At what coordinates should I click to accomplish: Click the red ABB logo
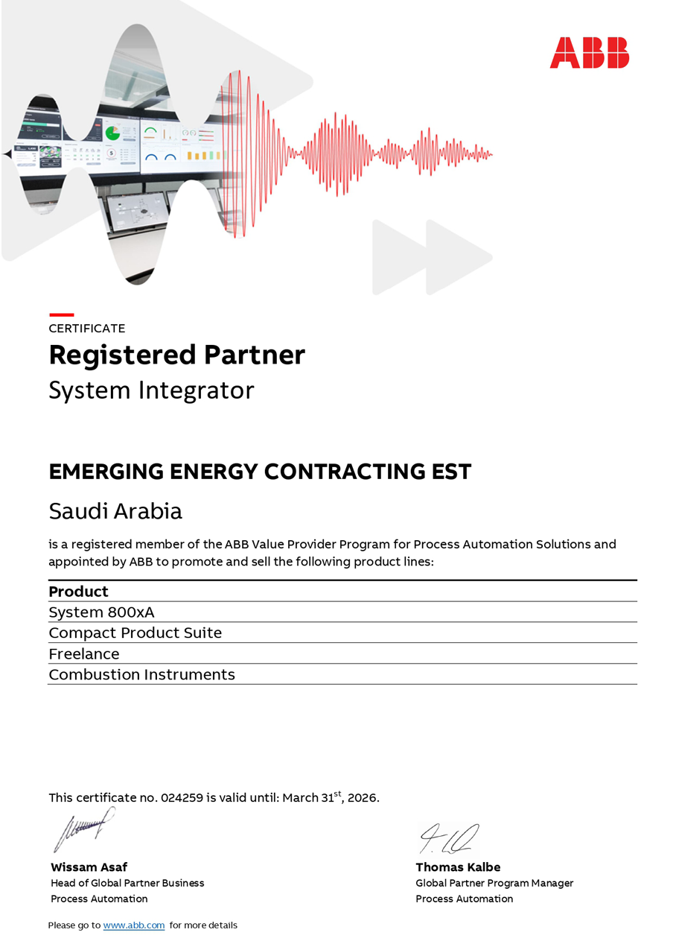[589, 53]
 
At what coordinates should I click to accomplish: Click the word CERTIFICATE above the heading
[87, 329]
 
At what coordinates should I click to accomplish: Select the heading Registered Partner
[177, 355]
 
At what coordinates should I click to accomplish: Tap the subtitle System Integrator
[151, 390]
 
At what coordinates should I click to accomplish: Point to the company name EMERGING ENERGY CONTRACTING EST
[260, 472]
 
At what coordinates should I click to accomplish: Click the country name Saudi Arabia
[115, 511]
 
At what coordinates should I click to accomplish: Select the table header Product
[78, 592]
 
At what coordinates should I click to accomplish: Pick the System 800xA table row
[101, 612]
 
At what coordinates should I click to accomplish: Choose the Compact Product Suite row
[135, 633]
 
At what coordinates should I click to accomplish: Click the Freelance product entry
[83, 654]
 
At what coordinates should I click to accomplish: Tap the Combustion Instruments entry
[141, 675]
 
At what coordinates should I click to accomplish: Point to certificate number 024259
[182, 798]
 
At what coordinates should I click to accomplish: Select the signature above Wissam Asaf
[83, 829]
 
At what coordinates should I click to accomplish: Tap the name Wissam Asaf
[89, 867]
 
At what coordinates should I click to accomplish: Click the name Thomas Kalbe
[458, 867]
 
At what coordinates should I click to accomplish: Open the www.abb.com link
[134, 925]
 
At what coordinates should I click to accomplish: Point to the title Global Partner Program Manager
[494, 883]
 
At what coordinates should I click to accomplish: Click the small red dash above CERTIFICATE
[61, 315]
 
